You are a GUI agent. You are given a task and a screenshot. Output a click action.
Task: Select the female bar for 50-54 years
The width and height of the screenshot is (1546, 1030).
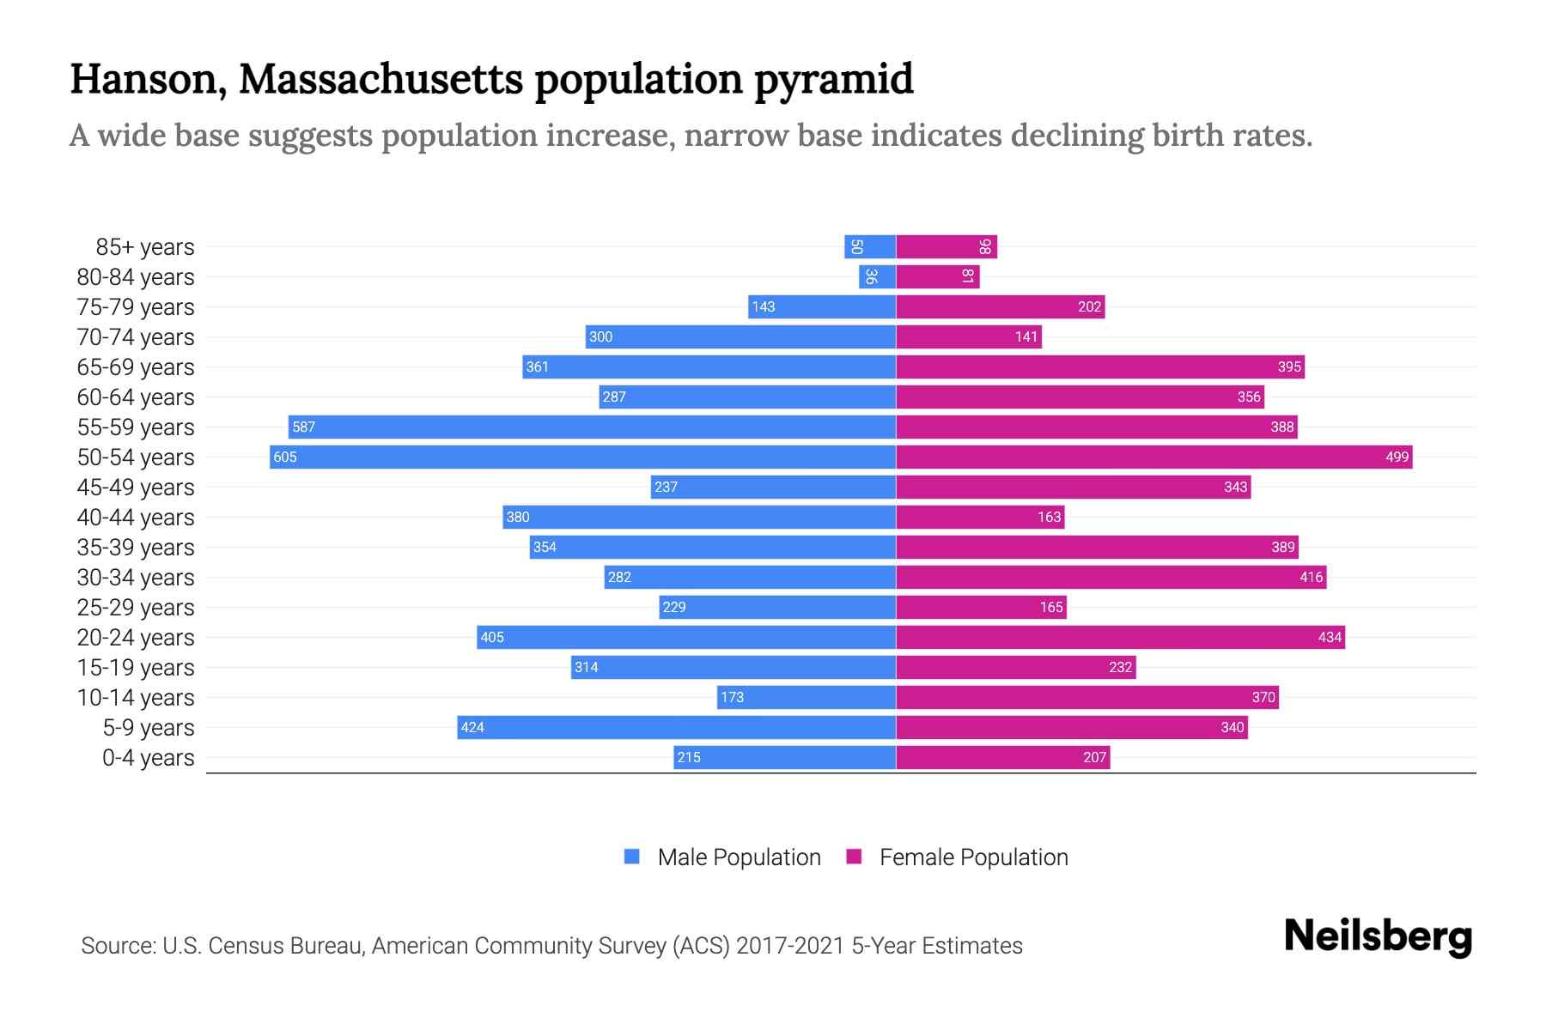(x=1153, y=457)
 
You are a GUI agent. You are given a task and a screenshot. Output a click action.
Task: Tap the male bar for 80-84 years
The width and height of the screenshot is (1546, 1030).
(x=877, y=276)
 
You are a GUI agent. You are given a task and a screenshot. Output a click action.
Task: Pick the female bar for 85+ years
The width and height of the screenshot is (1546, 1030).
(x=946, y=247)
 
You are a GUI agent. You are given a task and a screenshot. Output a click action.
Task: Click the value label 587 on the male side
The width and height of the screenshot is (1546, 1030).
(x=303, y=427)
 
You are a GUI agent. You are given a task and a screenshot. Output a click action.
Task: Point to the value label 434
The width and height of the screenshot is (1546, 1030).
(x=1329, y=637)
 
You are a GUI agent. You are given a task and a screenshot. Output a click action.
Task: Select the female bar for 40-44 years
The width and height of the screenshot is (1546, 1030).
(x=980, y=517)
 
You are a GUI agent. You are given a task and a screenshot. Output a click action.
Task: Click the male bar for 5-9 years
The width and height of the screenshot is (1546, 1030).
(x=676, y=727)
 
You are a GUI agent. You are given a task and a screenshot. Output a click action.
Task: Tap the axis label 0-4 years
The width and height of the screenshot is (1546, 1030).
(x=148, y=758)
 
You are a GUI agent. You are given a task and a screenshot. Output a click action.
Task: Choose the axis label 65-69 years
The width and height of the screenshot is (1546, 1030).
(x=136, y=367)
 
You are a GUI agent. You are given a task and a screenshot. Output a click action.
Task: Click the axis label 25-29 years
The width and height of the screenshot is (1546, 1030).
(x=136, y=608)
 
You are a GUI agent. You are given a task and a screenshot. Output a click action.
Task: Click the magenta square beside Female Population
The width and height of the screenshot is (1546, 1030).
(x=854, y=857)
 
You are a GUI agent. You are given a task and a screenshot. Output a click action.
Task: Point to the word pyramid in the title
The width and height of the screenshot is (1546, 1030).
(x=833, y=80)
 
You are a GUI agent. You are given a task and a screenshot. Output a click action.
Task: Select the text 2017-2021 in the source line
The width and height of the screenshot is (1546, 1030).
(x=790, y=946)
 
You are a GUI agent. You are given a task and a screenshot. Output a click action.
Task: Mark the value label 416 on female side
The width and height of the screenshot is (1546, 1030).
(x=1311, y=577)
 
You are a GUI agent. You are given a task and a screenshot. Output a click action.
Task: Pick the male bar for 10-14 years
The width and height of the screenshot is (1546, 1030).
(x=806, y=697)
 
